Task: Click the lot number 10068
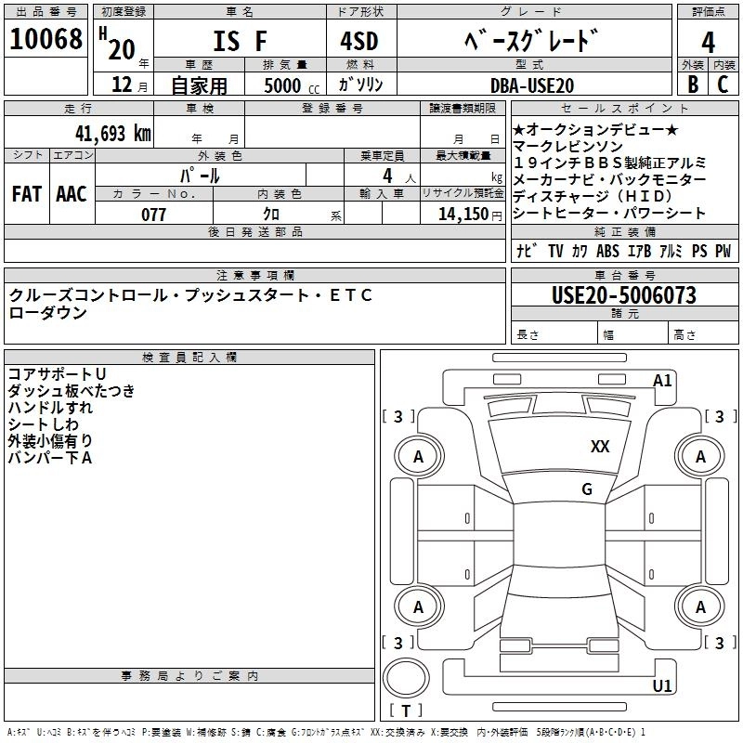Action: tap(46, 39)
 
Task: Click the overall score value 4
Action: tap(708, 42)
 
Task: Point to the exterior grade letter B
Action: tap(692, 84)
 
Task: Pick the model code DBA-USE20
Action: tap(532, 85)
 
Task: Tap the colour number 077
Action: tap(153, 215)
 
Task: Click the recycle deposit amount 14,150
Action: tap(463, 215)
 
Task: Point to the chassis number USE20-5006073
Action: tap(623, 295)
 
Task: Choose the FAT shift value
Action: tap(27, 193)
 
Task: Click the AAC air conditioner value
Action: tap(72, 193)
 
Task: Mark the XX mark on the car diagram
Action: tap(600, 447)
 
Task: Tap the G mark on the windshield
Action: tap(586, 489)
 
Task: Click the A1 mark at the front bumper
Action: tap(662, 381)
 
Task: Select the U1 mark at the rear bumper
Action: tap(662, 686)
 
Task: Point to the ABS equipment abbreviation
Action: tap(607, 250)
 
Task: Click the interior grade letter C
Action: tap(723, 84)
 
